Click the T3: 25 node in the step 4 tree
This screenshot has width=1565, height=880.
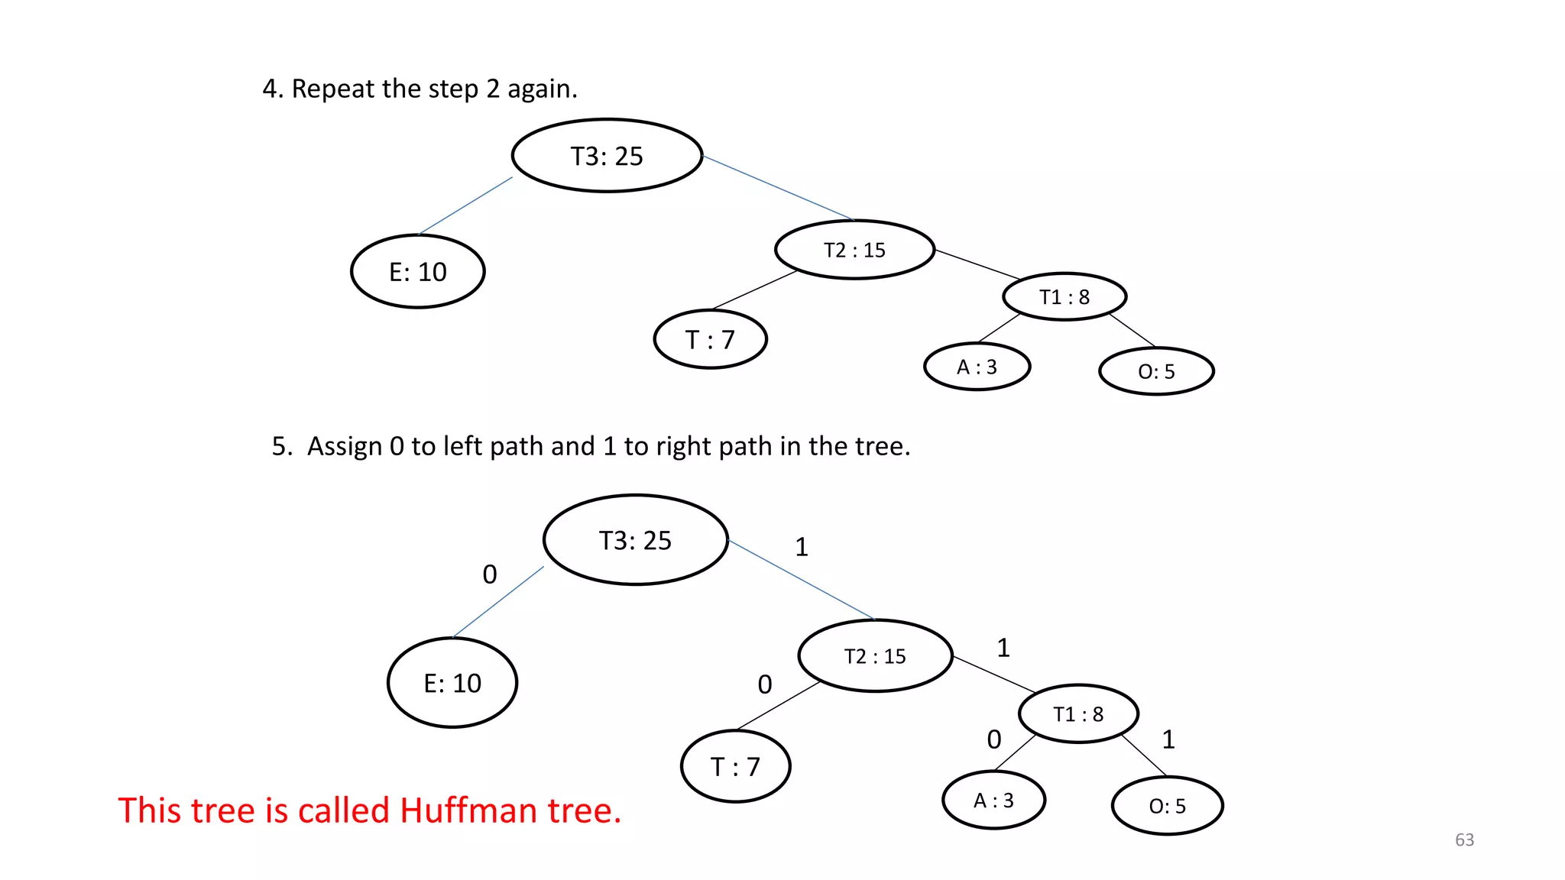(607, 156)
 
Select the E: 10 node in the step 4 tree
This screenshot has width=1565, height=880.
(417, 272)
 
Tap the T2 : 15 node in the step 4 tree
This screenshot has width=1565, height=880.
(854, 250)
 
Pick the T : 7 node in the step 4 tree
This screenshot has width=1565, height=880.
(710, 339)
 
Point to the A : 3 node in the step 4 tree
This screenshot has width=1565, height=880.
(977, 367)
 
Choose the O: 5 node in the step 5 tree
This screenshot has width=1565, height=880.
(1167, 806)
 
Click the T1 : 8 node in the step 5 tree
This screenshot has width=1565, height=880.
(1078, 714)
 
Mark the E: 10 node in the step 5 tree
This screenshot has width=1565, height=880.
(452, 683)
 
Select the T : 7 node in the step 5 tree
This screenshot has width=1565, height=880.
(735, 766)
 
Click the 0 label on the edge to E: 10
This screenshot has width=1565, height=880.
(490, 574)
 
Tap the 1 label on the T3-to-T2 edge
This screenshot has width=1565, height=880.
(801, 547)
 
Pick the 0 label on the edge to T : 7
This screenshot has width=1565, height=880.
(764, 684)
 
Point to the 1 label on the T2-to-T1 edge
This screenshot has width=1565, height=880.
(1003, 648)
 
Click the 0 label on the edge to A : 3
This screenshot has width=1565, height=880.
(993, 739)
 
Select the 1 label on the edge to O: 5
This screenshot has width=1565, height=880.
(1168, 739)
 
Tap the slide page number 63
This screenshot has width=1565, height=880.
(1464, 840)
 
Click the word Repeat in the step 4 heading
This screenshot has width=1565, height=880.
(333, 89)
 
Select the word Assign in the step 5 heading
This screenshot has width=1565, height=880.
(344, 446)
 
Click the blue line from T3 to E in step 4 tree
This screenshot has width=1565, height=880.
(465, 205)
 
